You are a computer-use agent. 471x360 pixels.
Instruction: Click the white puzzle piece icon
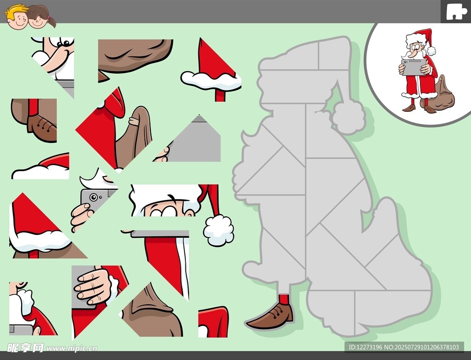pos(456,12)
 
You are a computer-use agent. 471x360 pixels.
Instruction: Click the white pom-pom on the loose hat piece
pos(218,230)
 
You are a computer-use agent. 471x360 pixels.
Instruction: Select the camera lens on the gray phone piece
pos(93,197)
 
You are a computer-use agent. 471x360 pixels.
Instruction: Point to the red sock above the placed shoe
pos(284,299)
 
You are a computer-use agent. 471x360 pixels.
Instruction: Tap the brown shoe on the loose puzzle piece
pos(41,127)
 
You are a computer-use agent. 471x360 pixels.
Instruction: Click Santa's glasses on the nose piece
pos(64,42)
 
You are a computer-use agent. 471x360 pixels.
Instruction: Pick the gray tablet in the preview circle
pos(414,67)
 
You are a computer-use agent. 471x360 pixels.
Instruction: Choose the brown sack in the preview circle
pos(439,94)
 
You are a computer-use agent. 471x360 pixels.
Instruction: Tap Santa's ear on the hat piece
pos(190,213)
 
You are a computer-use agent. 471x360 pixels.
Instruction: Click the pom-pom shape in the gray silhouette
pos(349,117)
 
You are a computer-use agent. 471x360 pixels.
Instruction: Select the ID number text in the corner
pos(404,347)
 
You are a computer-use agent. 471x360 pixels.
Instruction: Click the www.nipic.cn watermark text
pos(72,349)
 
